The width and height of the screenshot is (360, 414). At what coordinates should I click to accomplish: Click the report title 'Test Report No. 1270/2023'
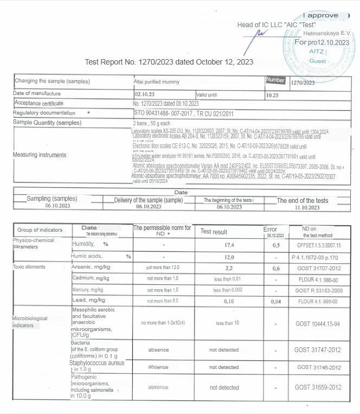[x=169, y=62]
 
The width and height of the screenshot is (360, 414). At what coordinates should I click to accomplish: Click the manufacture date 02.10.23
[x=144, y=94]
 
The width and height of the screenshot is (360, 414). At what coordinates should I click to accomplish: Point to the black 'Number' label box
[x=275, y=80]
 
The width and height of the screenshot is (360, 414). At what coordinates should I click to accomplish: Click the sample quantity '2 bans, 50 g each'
[x=153, y=123]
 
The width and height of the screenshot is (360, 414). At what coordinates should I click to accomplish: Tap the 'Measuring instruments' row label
[x=40, y=155]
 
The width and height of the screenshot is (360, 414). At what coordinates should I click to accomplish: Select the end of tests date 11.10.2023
[x=303, y=207]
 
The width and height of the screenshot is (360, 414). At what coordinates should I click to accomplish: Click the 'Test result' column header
[x=214, y=232]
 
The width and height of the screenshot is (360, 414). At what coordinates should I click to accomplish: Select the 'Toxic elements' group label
[x=29, y=267]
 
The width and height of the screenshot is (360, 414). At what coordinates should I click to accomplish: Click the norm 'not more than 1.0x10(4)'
[x=163, y=323]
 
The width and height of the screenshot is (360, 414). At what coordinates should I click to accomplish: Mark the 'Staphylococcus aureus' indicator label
[x=97, y=363]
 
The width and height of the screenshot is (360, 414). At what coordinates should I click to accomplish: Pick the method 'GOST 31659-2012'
[x=318, y=387]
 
